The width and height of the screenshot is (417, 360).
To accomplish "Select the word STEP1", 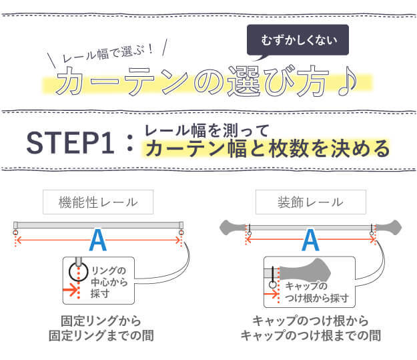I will (73, 143).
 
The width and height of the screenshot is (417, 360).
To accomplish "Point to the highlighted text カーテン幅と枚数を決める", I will (267, 148).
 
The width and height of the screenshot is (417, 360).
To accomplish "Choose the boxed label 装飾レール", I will (310, 201).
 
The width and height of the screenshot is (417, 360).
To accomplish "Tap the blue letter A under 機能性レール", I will (98, 239).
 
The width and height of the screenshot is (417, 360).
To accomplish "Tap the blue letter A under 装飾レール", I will (310, 239).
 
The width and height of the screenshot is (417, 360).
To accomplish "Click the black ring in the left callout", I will (79, 273).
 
